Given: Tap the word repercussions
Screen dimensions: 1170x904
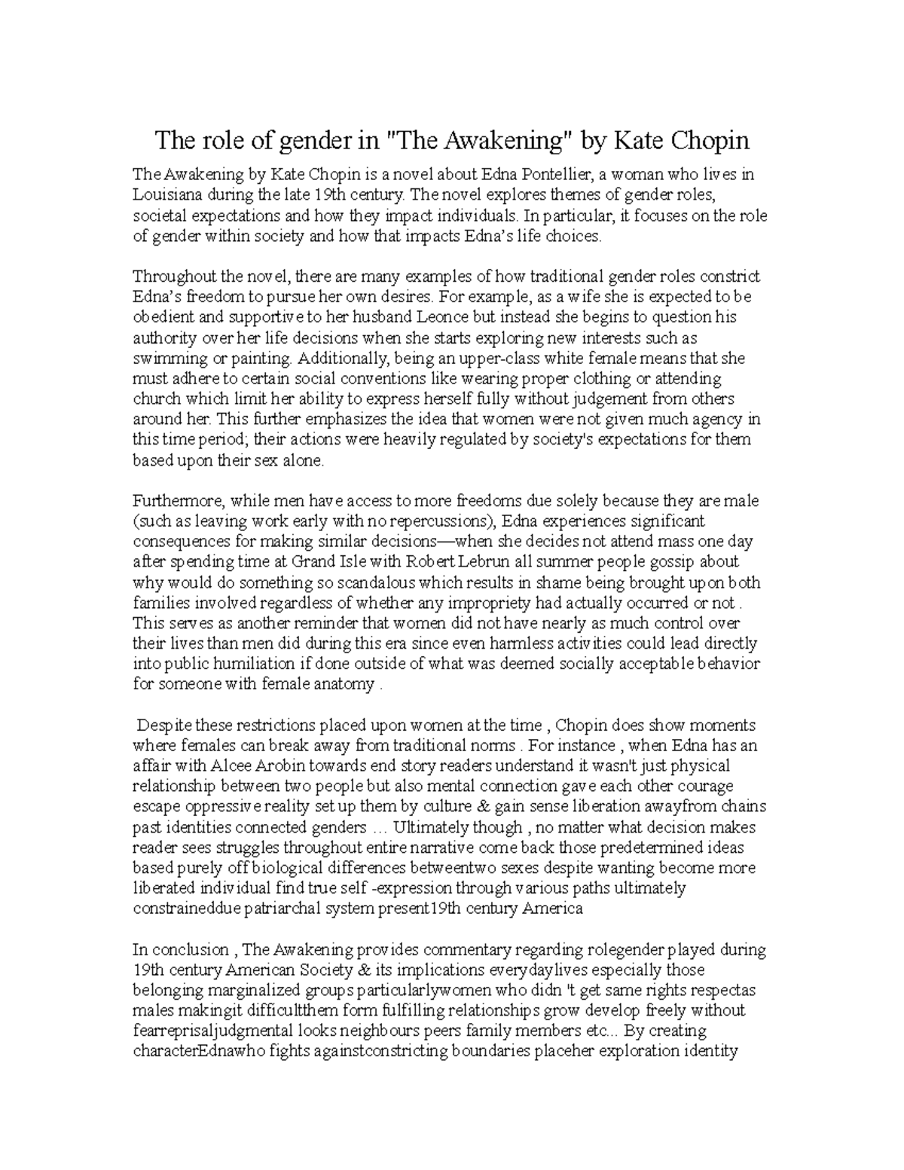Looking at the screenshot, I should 438,521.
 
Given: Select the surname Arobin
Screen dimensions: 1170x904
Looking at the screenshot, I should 272,766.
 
